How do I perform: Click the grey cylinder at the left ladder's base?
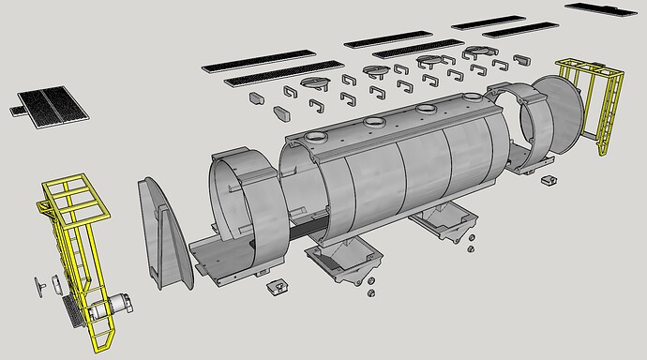click(118, 302)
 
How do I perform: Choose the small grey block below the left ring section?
click(277, 286)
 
